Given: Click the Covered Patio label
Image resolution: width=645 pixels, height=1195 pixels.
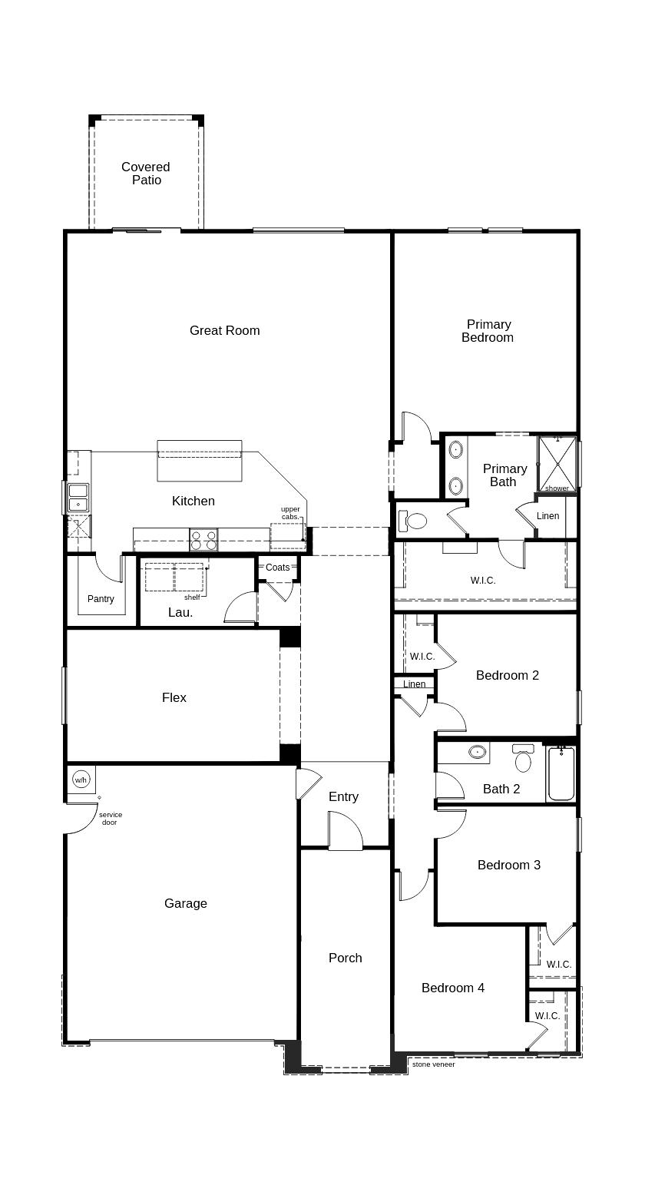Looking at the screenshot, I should [x=146, y=174].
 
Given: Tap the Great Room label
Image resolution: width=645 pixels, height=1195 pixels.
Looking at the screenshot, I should [x=224, y=330].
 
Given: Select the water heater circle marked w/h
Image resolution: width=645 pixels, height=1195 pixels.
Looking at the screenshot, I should [x=81, y=780].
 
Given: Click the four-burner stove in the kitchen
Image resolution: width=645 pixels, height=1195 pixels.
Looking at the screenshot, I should [x=203, y=539].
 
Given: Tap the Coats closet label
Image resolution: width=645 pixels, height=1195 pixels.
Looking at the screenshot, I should [x=278, y=568].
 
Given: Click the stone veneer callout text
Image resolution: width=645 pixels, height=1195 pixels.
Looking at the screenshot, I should [x=433, y=1064].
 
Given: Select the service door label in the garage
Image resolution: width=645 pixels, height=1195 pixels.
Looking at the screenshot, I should [x=110, y=819].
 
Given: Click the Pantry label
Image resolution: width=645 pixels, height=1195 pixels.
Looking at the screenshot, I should [x=101, y=599].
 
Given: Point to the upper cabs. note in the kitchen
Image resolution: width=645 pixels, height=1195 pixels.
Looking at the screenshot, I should [x=290, y=513].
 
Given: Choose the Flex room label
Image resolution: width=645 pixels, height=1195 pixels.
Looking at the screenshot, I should [x=174, y=697].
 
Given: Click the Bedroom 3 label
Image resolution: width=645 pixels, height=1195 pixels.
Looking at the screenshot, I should [x=508, y=865].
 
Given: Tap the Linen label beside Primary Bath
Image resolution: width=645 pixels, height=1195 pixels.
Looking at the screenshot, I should [x=547, y=516].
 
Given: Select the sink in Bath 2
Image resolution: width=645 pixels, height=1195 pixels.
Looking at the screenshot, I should [x=478, y=752].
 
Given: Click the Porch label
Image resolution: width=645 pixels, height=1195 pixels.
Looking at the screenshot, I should [x=345, y=958].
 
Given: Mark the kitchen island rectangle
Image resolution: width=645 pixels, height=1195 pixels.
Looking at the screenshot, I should [x=200, y=460].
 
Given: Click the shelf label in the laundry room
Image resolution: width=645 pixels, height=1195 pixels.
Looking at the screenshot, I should [x=192, y=597].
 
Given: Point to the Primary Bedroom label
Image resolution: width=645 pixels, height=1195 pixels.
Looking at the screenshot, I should [x=488, y=331].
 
